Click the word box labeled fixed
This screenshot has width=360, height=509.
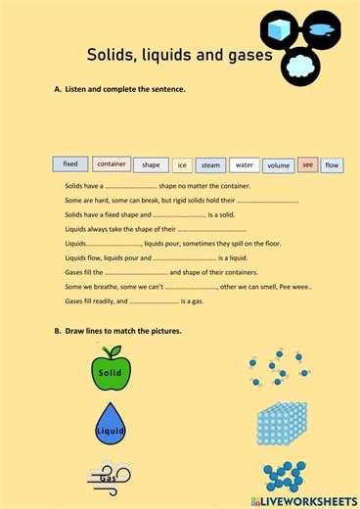pyautogui.click(x=70, y=163)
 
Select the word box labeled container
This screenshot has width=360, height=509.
pyautogui.click(x=111, y=163)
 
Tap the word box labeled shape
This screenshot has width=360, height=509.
pyautogui.click(x=151, y=164)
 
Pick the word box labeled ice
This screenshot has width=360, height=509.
pyautogui.click(x=181, y=165)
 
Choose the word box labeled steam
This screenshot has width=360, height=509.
pyautogui.click(x=210, y=165)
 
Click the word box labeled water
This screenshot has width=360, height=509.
pyautogui.click(x=245, y=164)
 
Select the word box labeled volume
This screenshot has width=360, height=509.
pyautogui.click(x=279, y=165)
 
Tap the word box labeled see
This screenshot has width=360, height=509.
pyautogui.click(x=308, y=164)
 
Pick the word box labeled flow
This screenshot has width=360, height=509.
pyautogui.click(x=333, y=165)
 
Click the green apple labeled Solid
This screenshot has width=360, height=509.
pyautogui.click(x=110, y=371)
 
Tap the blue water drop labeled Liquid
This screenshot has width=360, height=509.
pyautogui.click(x=110, y=424)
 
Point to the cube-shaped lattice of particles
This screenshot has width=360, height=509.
pyautogui.click(x=282, y=424)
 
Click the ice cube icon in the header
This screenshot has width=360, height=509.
pyautogui.click(x=281, y=29)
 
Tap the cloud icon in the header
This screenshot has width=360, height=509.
pyautogui.click(x=299, y=66)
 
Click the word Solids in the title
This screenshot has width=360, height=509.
pyautogui.click(x=113, y=56)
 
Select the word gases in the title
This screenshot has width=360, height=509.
pyautogui.click(x=246, y=56)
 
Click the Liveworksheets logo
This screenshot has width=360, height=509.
pyautogui.click(x=304, y=500)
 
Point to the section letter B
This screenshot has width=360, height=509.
pyautogui.click(x=58, y=331)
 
